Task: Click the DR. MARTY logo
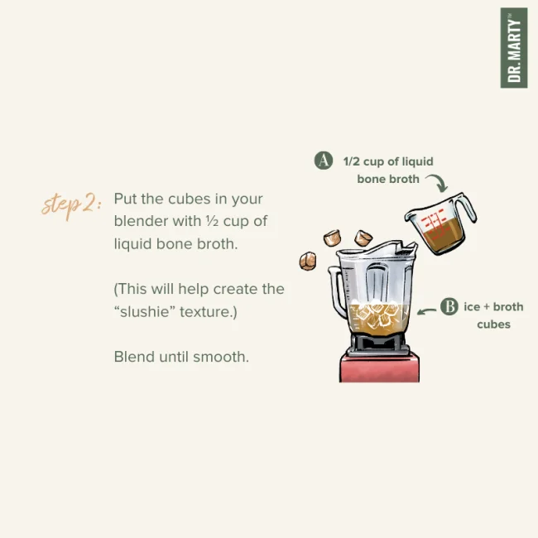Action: click(x=514, y=48)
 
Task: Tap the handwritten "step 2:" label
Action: click(x=71, y=205)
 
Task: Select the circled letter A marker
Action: click(x=324, y=161)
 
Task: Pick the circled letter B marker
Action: click(x=449, y=306)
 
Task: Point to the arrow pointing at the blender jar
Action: click(x=426, y=311)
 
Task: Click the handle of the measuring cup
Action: click(x=467, y=208)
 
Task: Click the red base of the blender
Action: click(x=379, y=368)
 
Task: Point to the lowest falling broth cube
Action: click(x=308, y=261)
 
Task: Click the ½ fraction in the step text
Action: click(x=213, y=221)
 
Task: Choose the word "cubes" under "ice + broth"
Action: click(x=493, y=324)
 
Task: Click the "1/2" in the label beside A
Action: click(x=351, y=161)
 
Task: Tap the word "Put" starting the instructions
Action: click(x=124, y=199)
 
